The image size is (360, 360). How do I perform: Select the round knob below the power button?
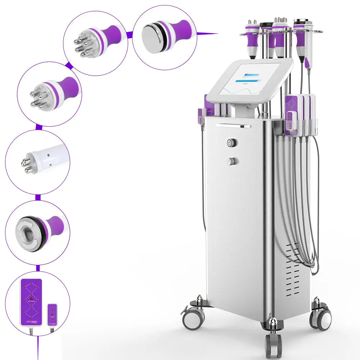coord(231,161)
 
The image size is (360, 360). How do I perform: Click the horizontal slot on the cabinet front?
coord(233,126)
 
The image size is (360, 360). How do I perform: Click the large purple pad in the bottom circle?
coord(31,302)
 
